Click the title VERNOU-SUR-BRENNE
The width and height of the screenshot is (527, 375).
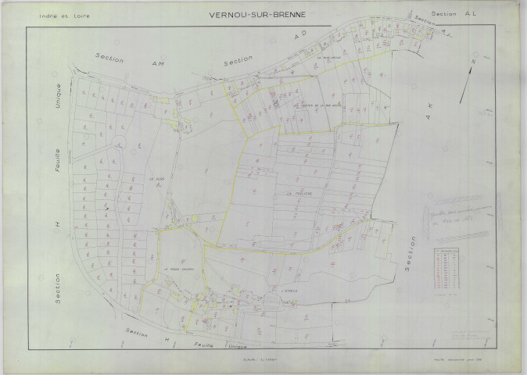pos(262,15)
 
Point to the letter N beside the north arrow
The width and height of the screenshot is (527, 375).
pos(473,59)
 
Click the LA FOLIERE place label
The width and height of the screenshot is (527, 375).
pos(298,194)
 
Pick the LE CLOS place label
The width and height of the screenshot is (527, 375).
pos(153,179)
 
